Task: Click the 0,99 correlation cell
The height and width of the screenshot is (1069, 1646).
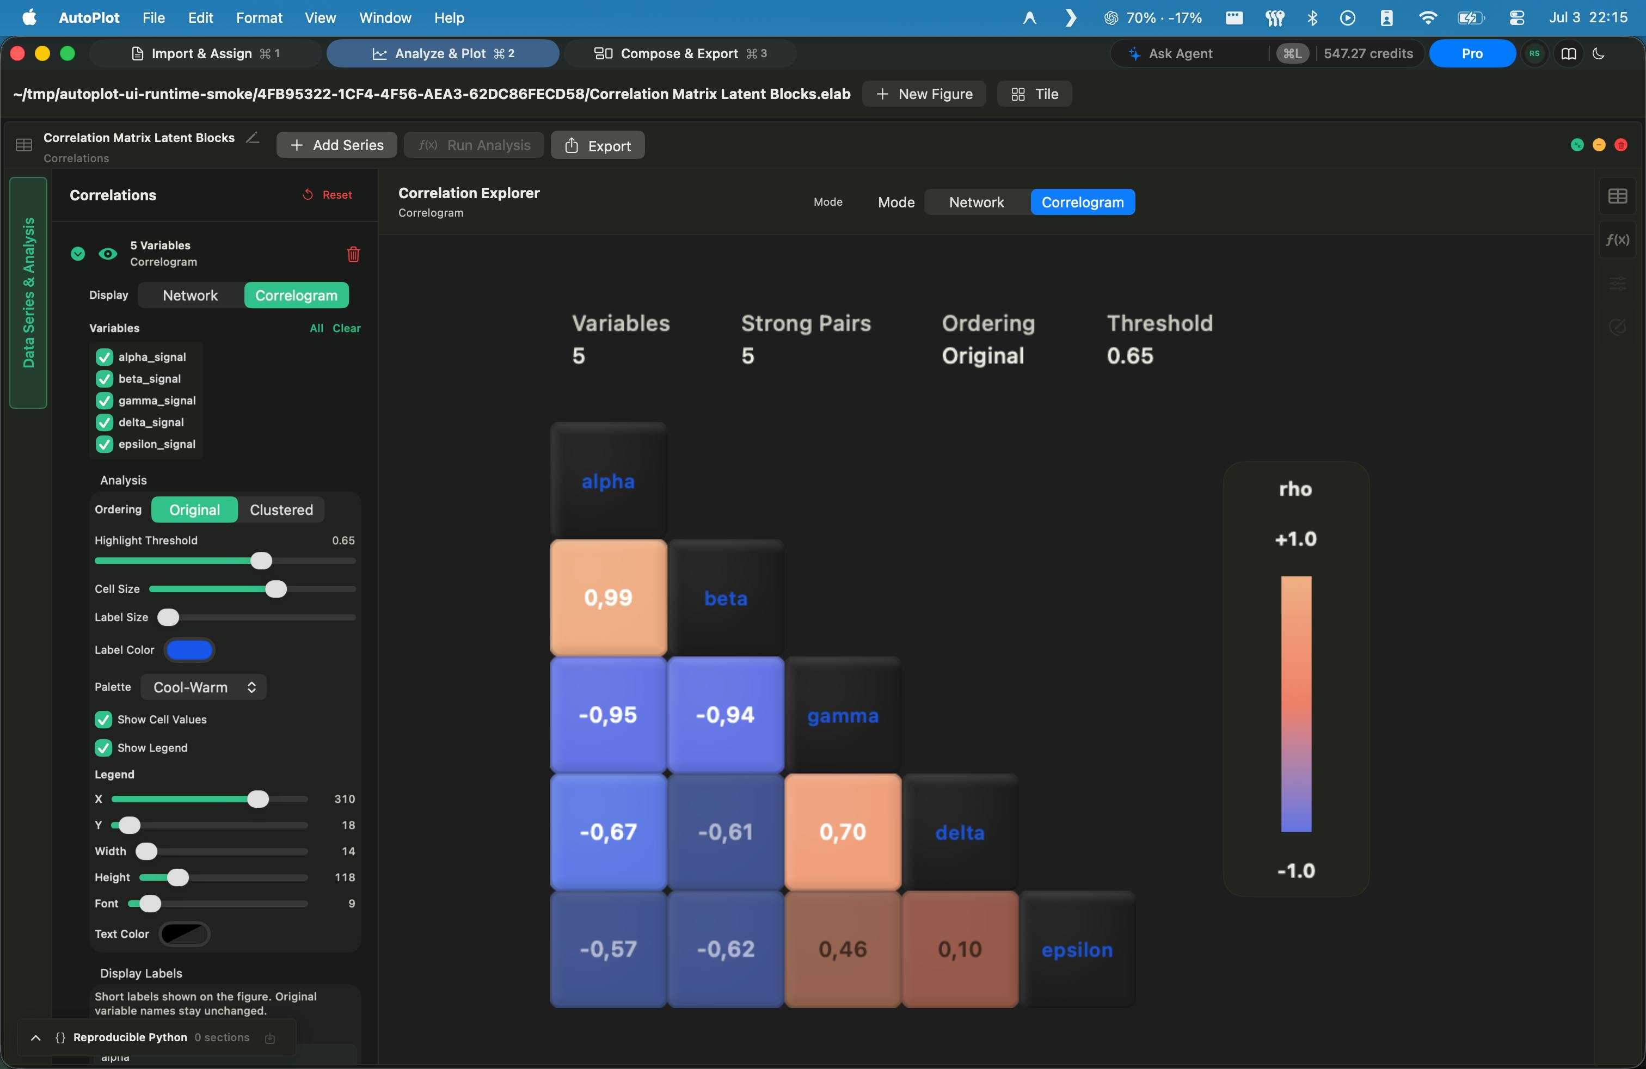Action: click(x=609, y=598)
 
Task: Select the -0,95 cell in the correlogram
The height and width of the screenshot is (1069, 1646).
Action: click(x=609, y=714)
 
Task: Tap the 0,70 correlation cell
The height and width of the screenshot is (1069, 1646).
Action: click(x=843, y=832)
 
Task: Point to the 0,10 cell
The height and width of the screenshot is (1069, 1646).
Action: click(x=960, y=949)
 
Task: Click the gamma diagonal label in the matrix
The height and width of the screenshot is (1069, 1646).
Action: click(x=843, y=715)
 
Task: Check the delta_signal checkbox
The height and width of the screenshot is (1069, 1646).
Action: click(x=105, y=422)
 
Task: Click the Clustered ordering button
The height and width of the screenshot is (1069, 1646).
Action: click(x=281, y=509)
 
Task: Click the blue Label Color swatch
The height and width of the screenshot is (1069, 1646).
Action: click(x=189, y=650)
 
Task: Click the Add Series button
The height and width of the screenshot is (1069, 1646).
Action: click(x=337, y=145)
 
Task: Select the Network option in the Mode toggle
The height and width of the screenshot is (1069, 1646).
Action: click(x=976, y=202)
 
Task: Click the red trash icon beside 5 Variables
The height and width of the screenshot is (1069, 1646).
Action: click(x=353, y=254)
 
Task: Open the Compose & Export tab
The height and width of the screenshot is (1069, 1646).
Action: click(x=680, y=53)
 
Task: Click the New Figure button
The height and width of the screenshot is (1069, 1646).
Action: click(x=924, y=94)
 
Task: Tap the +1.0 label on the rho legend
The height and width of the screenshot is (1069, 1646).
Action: click(x=1296, y=539)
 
